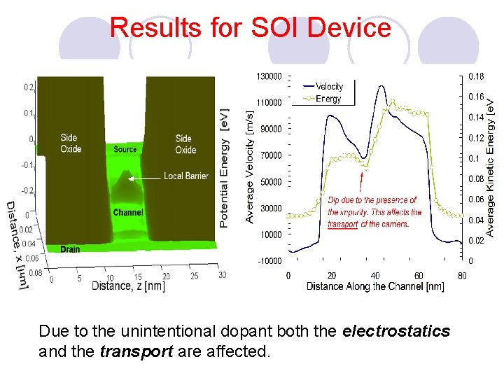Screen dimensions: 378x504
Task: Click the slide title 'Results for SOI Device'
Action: tap(251, 28)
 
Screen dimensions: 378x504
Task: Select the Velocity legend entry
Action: tap(328, 87)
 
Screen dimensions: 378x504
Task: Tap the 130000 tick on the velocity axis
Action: tap(269, 76)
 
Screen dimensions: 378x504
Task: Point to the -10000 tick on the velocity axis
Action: tap(269, 261)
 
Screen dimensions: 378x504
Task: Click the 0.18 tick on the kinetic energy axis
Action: tap(475, 76)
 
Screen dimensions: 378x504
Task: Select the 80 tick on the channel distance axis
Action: tap(461, 275)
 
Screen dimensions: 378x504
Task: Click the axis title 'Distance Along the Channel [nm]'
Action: tap(374, 286)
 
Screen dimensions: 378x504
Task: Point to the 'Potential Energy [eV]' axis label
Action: tap(224, 168)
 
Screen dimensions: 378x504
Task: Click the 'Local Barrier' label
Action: tap(186, 176)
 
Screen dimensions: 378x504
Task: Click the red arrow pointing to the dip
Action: tap(361, 181)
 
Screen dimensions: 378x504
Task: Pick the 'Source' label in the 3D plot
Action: tap(125, 150)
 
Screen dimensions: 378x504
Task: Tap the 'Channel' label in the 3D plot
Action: tap(128, 212)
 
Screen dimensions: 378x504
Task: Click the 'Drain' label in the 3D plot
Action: tap(70, 249)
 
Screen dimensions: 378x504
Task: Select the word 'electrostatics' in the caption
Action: tap(396, 331)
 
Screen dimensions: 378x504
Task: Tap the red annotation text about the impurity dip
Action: tap(374, 212)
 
